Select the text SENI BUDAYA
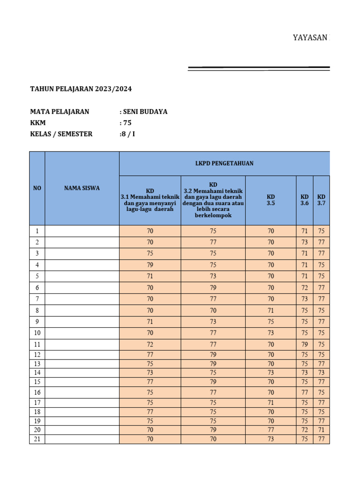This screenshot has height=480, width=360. (145, 112)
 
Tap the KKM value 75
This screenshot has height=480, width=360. (127, 123)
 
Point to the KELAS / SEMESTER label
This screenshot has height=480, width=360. (61, 134)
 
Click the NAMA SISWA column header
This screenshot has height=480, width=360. (82, 188)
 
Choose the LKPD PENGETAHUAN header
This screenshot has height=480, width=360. (225, 163)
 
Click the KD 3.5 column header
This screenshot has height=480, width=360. (271, 200)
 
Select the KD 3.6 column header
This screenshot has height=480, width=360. (305, 200)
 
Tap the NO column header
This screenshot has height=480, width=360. (37, 188)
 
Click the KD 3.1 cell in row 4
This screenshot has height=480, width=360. (150, 265)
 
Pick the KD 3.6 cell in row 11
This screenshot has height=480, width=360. (305, 345)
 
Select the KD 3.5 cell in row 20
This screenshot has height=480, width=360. (271, 430)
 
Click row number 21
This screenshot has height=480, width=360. (37, 439)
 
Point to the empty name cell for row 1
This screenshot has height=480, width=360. (82, 231)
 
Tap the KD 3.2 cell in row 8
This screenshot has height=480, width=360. (213, 310)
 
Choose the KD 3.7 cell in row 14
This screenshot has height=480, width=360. (321, 373)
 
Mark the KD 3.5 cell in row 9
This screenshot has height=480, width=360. (271, 322)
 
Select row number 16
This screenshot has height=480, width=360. (37, 392)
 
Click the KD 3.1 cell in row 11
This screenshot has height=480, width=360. (150, 345)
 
